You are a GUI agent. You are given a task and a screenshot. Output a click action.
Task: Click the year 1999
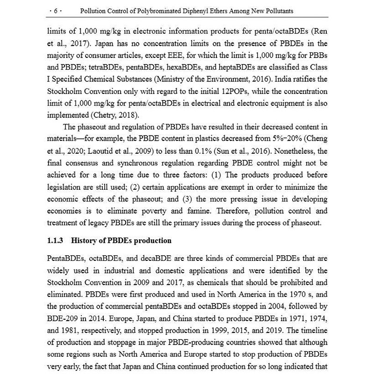pos(224,330)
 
